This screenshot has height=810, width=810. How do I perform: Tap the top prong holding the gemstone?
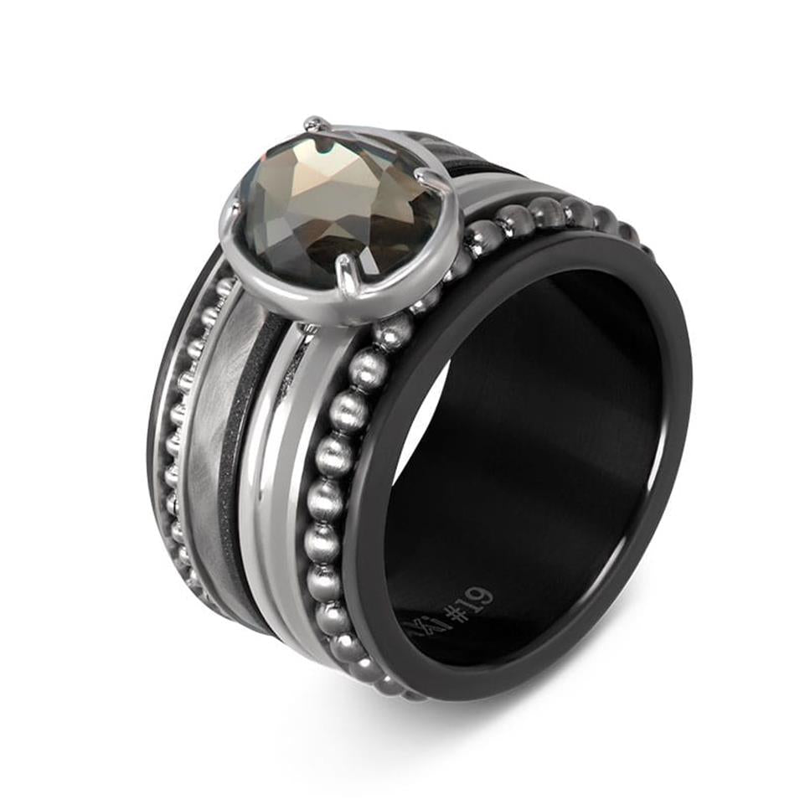pos(317,126)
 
